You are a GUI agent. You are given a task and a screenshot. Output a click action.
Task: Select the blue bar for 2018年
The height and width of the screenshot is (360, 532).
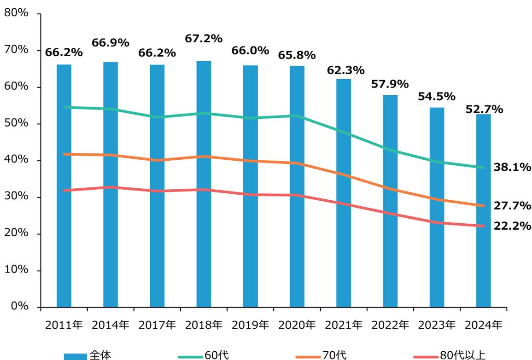click(204, 184)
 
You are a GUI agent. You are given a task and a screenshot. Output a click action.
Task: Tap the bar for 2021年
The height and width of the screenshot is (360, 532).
click(343, 193)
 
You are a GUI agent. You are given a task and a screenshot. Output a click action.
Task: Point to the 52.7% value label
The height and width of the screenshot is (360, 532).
click(484, 109)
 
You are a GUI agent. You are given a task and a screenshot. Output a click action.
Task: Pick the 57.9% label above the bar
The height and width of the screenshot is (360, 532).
click(390, 84)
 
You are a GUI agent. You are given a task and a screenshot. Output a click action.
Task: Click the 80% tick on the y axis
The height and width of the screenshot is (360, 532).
click(17, 13)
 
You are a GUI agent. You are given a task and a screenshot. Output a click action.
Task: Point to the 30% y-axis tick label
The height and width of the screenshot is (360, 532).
click(17, 197)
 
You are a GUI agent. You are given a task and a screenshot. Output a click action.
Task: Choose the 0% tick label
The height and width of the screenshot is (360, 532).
click(19, 307)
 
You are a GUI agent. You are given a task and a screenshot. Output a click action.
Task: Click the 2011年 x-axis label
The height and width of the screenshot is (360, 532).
click(64, 325)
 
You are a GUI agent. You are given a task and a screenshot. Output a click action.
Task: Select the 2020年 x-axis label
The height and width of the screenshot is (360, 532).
click(297, 325)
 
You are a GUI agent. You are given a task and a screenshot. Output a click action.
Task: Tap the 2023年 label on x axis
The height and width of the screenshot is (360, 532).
click(437, 325)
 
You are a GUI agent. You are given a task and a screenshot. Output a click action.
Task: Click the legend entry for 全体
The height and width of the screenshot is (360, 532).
click(88, 355)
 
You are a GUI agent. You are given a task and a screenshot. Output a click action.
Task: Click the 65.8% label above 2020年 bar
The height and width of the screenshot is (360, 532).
click(297, 56)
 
